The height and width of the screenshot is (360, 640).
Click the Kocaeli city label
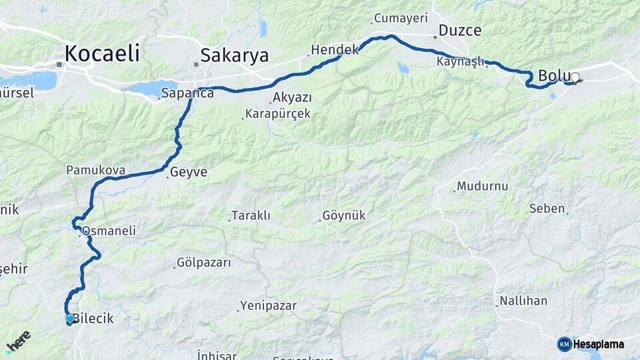tap(102, 53)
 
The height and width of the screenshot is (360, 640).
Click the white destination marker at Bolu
tap(575, 77)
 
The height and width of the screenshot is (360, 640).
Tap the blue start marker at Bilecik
tap(70, 319)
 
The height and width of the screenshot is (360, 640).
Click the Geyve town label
tap(189, 172)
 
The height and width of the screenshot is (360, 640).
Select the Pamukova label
tap(96, 171)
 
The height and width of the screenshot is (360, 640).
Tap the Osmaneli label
tap(109, 231)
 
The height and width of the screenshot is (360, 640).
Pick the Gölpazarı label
tap(205, 263)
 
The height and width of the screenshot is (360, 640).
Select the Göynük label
tap(343, 216)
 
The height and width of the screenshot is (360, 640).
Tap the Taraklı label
tap(251, 216)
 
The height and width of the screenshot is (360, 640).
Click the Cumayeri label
tap(400, 18)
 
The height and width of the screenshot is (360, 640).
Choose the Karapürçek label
tap(278, 114)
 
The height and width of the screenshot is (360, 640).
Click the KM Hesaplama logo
tap(591, 344)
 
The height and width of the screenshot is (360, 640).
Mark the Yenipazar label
tap(269, 306)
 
